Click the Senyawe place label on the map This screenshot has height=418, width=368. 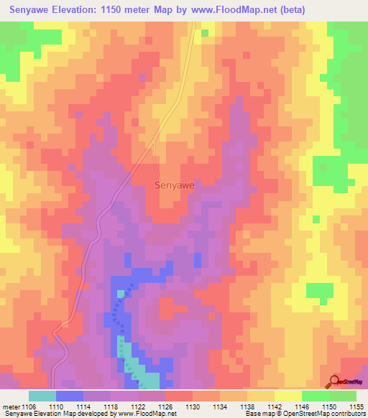175,185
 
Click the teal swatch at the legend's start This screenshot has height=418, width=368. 42,396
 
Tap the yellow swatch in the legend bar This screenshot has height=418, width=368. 287,396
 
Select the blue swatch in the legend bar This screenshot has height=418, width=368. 70,396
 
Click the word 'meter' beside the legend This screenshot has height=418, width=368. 11,406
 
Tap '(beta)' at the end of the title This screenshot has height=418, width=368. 289,10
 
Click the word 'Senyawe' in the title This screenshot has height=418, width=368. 34,10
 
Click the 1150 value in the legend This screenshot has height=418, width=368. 315,406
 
